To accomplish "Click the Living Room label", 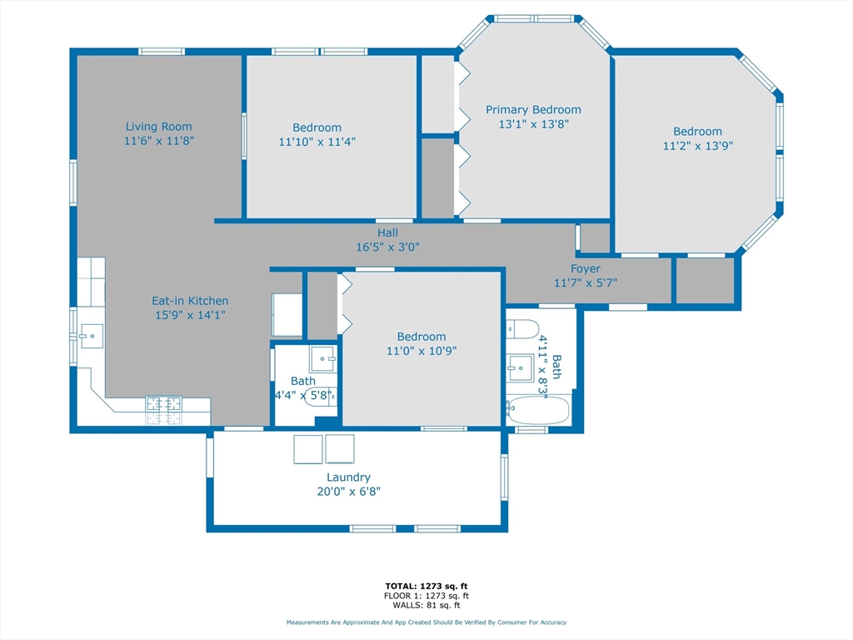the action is tap(158, 127).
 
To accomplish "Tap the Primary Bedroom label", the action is tap(533, 110).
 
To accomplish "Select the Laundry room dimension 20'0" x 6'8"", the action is tap(349, 492).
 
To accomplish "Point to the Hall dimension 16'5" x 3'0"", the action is tap(387, 247).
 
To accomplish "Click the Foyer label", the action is tap(586, 268).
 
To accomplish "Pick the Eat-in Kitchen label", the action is tap(190, 300).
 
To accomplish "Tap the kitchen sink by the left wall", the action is tap(92, 337).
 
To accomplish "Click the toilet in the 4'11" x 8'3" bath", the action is tap(522, 329).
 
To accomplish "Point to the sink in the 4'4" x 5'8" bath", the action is tap(322, 358).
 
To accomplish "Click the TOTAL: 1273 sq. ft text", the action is tap(426, 586).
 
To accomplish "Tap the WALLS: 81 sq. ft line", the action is tap(426, 605).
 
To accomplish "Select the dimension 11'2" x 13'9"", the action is tap(698, 146).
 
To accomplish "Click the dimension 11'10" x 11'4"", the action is tap(317, 142).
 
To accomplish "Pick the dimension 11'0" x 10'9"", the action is tap(422, 351).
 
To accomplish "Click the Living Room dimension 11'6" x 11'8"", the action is tap(159, 141).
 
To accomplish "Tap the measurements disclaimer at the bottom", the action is tap(426, 622).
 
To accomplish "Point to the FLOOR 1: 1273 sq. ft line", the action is tap(426, 596).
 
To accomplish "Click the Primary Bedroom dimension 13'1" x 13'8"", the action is tap(534, 124).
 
